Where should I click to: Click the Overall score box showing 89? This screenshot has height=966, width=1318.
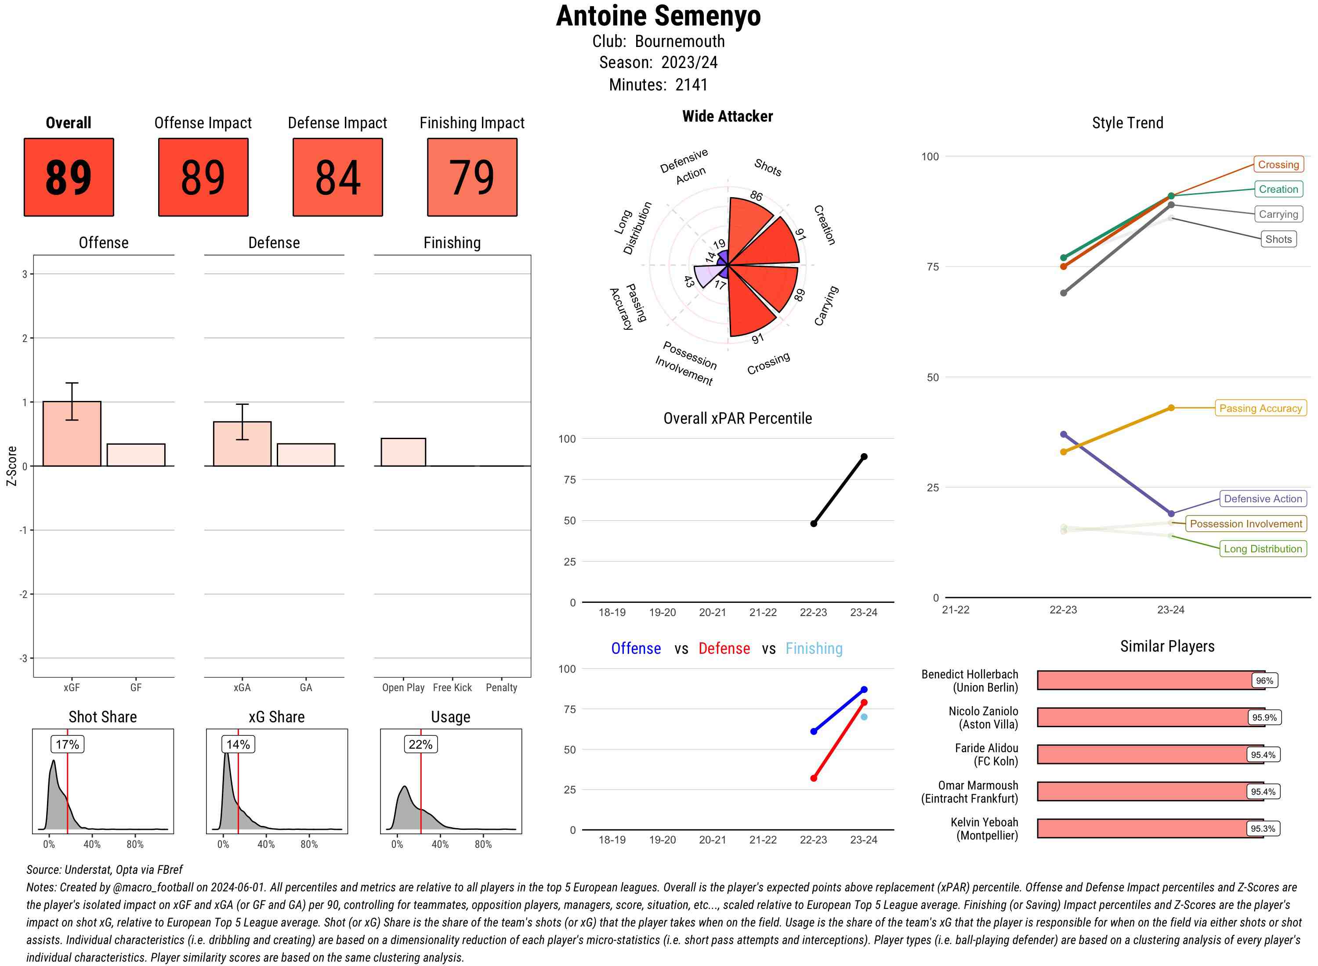click(69, 177)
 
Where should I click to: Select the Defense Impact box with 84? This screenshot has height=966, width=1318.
click(337, 177)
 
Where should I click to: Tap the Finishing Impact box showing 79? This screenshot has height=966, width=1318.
click(472, 177)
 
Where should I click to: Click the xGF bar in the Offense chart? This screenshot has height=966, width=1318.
click(72, 434)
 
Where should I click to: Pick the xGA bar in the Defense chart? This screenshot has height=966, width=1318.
click(242, 444)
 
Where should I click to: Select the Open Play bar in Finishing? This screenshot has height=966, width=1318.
click(403, 452)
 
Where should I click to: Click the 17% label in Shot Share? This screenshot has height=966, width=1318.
click(67, 744)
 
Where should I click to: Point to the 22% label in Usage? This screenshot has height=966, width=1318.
click(420, 744)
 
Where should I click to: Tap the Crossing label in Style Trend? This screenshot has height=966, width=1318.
click(1278, 164)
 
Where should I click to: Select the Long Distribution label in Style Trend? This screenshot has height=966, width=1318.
click(1263, 548)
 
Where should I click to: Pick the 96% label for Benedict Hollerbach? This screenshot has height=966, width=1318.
click(1264, 681)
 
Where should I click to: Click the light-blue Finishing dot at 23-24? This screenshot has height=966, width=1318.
click(864, 717)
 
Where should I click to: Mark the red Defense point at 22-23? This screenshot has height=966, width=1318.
click(814, 779)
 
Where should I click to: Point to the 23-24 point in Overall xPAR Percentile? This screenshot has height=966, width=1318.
click(864, 457)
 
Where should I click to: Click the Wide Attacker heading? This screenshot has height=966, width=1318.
click(727, 116)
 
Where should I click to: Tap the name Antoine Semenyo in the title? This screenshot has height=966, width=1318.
click(658, 16)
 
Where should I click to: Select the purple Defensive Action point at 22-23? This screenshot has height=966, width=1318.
click(1064, 434)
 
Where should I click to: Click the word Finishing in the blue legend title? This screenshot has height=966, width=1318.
click(814, 649)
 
